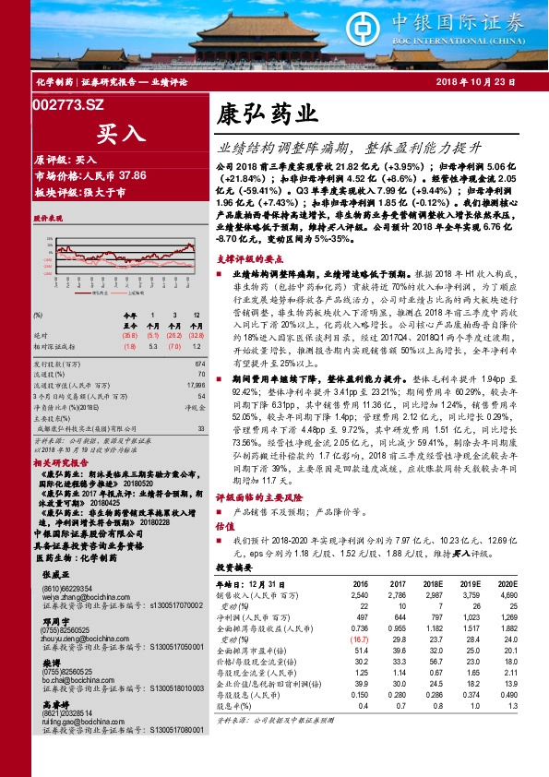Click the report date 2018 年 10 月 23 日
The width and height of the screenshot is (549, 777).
(x=487, y=83)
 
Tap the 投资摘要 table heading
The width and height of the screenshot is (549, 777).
(x=232, y=569)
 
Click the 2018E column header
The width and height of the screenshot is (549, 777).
(x=434, y=584)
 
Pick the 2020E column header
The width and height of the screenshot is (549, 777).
(x=506, y=584)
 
